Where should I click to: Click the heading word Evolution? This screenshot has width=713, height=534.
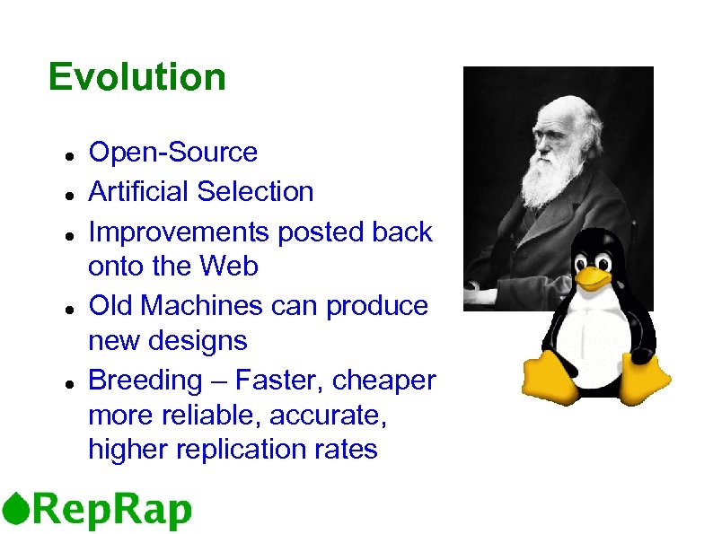136,77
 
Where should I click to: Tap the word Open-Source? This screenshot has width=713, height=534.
172,153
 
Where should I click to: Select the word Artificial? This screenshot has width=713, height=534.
139,191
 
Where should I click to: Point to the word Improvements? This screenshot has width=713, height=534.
179,232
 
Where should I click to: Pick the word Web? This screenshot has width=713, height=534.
230,267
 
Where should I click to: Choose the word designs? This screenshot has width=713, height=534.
200,341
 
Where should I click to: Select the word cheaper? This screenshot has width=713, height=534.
383,381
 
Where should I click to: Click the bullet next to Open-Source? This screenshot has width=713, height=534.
68,154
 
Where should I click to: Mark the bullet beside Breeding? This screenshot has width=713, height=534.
68,382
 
